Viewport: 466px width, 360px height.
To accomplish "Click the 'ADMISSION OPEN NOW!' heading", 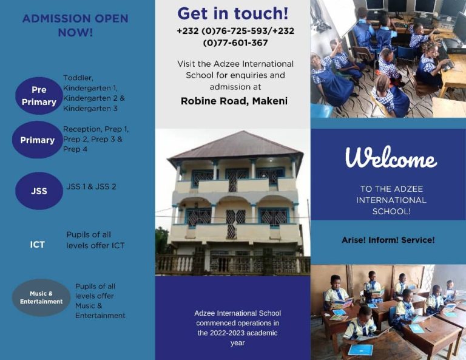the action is (75, 25).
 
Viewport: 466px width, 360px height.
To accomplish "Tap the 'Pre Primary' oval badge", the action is (39, 96).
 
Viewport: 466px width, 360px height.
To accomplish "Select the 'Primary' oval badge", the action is (38, 140).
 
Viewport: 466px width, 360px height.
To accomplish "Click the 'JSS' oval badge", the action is (39, 191).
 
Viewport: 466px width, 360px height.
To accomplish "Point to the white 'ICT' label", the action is (37, 245).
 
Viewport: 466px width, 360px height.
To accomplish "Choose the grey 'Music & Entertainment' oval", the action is (41, 297).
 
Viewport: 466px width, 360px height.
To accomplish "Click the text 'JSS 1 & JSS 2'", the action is (91, 187).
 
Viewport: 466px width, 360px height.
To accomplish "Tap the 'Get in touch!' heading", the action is (233, 14).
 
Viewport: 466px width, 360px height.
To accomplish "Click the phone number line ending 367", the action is (235, 43).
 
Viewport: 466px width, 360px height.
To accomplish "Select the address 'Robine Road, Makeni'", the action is (234, 101).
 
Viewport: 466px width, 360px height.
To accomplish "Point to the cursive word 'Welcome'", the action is (391, 157).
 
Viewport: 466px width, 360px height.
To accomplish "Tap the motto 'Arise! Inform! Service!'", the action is (388, 240).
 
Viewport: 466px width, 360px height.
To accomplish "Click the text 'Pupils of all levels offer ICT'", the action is (95, 240).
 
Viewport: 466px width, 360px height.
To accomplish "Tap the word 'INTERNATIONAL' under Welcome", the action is (391, 200).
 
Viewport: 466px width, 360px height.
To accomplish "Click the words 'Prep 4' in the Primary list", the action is (75, 149).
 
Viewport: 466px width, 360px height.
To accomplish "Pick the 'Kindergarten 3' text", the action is (90, 109).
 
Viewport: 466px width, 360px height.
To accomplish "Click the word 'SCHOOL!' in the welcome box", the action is (392, 211).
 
